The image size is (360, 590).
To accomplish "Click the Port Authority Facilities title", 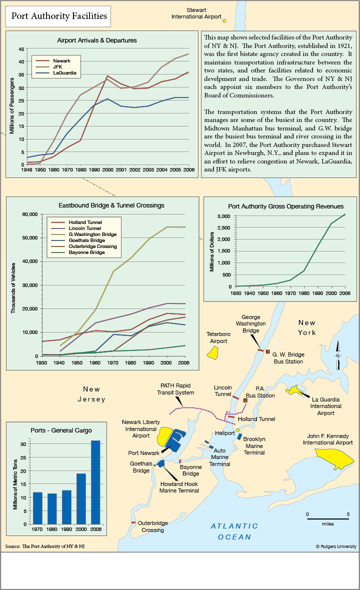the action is (59, 16).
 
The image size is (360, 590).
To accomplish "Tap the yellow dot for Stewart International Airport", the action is (224, 20).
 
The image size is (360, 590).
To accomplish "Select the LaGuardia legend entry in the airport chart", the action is (56, 73).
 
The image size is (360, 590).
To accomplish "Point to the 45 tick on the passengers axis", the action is (21, 49).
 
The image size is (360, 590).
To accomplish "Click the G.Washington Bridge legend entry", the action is (84, 234).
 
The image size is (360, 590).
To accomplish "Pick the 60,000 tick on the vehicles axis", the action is (29, 214).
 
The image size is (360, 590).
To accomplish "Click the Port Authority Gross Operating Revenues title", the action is (285, 206).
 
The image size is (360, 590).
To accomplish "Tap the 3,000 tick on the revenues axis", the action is (224, 216).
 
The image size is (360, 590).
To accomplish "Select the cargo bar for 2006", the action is (95, 482).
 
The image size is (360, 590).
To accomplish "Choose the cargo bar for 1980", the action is (52, 508).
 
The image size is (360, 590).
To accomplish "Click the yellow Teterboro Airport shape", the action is (213, 352).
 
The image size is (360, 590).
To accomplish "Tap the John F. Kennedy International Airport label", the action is (327, 439).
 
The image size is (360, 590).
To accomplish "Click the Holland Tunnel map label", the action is (256, 419).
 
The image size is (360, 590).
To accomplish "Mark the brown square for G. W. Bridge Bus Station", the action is (268, 351).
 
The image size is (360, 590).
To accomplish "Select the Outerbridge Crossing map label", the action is (152, 526).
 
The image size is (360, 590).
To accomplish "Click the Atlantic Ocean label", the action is (234, 531).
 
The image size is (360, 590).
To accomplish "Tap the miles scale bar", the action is (327, 519).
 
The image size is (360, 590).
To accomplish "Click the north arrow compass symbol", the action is (338, 355).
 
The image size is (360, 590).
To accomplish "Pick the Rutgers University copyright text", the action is (336, 546).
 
